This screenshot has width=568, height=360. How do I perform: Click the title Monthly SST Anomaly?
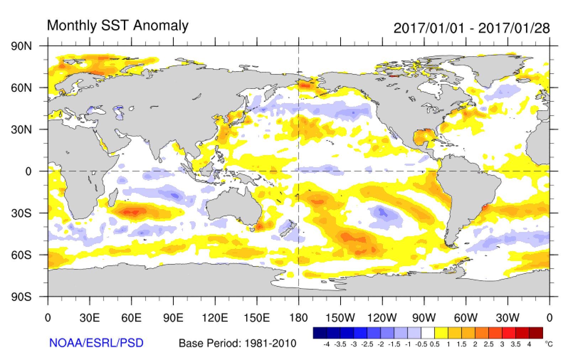pos(117,26)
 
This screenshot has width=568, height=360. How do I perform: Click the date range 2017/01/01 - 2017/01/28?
pos(472,28)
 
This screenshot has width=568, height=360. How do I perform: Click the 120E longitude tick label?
pos(215,317)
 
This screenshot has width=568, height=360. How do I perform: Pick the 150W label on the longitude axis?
pos(340,317)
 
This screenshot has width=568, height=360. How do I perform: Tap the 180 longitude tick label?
pos(298,317)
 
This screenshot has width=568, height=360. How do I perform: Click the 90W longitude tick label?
pos(424,317)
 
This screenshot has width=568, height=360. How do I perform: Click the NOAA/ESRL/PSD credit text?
pos(96,343)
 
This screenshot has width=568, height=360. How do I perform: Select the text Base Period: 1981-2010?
pos(237,343)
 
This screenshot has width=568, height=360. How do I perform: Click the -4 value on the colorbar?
pos(326,344)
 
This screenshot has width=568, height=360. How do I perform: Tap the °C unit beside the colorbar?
pos(548,344)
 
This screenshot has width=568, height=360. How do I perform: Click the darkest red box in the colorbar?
pos(536,333)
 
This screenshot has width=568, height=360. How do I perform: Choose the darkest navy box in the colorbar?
pos(320,333)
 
